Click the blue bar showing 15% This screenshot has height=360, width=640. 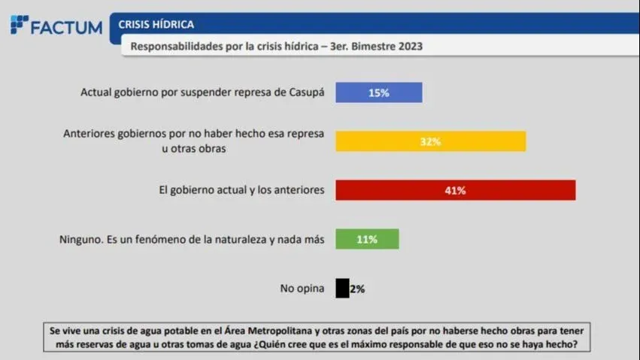pos(378,92)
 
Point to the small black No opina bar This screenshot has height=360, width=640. pos(342,289)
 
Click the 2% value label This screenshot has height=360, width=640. pos(357,289)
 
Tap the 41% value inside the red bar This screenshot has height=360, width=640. pos(455,190)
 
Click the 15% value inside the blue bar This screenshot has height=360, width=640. pos(378,92)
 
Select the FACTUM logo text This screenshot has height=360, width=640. pos(66,27)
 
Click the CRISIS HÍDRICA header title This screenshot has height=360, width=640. pos(156,25)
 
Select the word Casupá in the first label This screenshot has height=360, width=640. pos(307,92)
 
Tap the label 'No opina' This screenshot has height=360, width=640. pos(302,289)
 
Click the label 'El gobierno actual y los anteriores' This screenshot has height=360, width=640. pos(241,190)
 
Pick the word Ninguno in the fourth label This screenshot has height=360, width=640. pos(80,240)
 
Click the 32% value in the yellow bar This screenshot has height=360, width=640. pos(430,141)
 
